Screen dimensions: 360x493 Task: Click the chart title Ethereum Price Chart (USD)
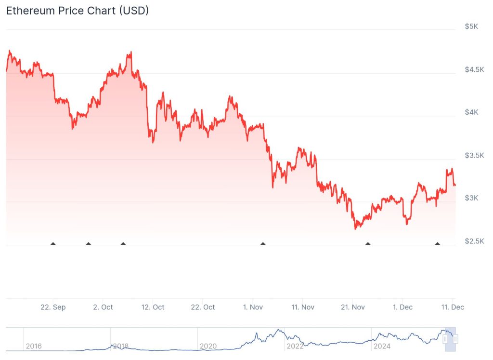pyautogui.click(x=77, y=11)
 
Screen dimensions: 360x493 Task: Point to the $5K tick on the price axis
pyautogui.click(x=471, y=27)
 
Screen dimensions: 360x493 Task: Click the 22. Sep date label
pyautogui.click(x=53, y=307)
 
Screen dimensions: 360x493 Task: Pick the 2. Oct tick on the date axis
pyautogui.click(x=103, y=307)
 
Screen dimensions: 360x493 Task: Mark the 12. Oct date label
pyautogui.click(x=153, y=307)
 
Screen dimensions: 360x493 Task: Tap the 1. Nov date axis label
pyautogui.click(x=253, y=307)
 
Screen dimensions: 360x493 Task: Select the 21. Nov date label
pyautogui.click(x=352, y=307)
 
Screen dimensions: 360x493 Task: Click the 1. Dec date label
pyautogui.click(x=402, y=307)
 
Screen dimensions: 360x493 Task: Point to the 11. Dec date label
pyautogui.click(x=453, y=307)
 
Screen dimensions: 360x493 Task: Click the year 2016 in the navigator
pyautogui.click(x=34, y=346)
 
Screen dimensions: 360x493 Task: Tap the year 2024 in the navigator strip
pyautogui.click(x=382, y=346)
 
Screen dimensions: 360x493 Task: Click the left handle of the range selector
pyautogui.click(x=445, y=339)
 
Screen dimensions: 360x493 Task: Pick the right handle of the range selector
pyautogui.click(x=455, y=339)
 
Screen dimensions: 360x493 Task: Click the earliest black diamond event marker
pyautogui.click(x=53, y=244)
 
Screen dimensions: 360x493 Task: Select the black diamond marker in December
pyautogui.click(x=437, y=244)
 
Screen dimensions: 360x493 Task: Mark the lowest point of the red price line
pyautogui.click(x=356, y=228)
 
